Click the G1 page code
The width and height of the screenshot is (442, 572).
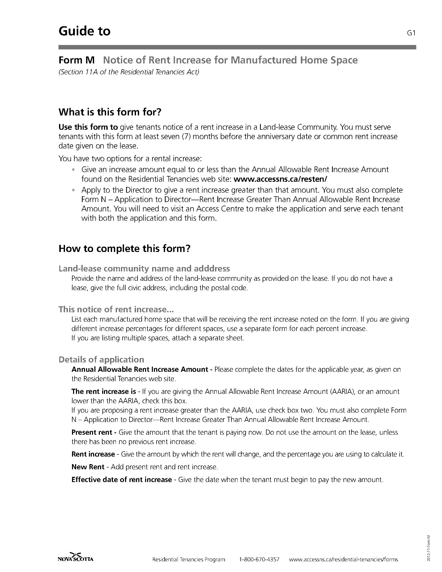(412, 33)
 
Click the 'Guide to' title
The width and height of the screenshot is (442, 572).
(84, 31)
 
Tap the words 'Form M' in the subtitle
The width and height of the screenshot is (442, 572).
(76, 60)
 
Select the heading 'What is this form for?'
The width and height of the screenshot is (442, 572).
(110, 112)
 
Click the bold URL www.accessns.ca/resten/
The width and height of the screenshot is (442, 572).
(280, 179)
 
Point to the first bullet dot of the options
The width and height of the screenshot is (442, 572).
(74, 170)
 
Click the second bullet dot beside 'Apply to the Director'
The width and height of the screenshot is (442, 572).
(74, 190)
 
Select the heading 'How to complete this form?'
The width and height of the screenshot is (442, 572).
(124, 248)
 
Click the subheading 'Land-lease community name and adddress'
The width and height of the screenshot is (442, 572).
(144, 269)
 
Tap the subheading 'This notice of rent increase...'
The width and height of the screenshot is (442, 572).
(116, 309)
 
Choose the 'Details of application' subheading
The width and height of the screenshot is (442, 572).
(101, 359)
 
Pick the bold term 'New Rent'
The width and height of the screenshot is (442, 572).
(88, 467)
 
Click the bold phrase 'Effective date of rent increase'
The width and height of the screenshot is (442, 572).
(122, 479)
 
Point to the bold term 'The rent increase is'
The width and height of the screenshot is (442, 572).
(104, 391)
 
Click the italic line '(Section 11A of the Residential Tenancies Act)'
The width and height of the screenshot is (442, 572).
(129, 72)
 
